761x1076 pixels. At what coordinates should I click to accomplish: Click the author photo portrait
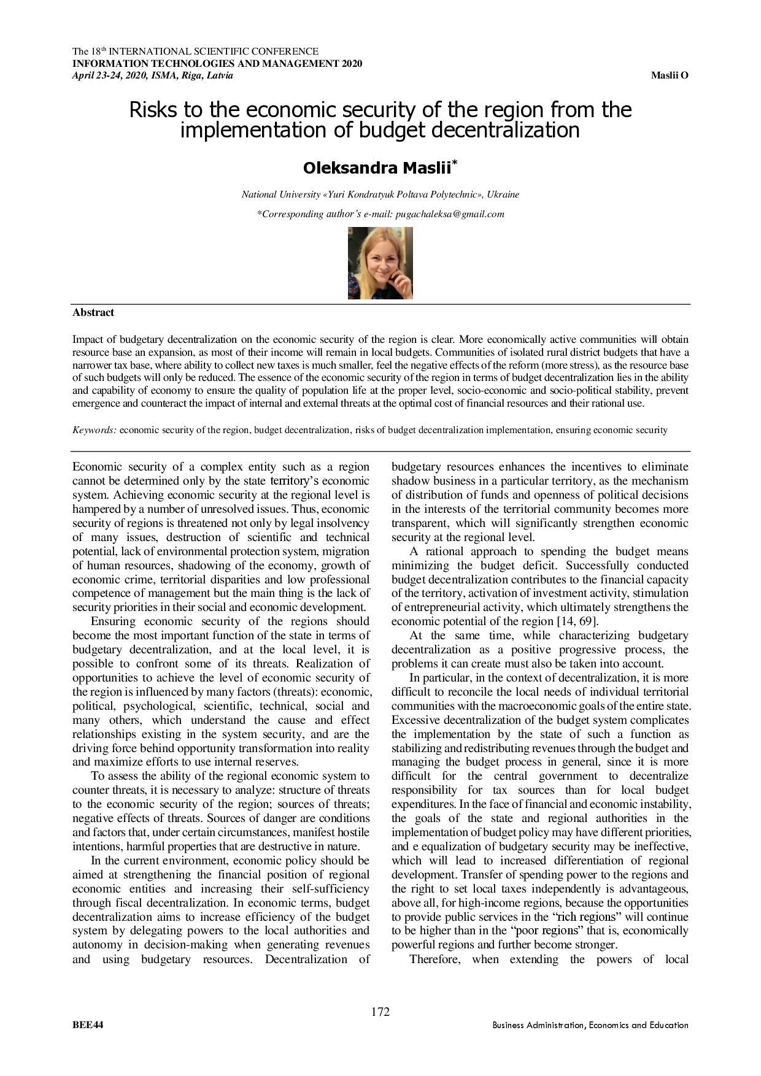[380, 263]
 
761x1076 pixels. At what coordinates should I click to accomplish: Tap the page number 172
[381, 1012]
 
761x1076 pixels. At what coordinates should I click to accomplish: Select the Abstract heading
[93, 312]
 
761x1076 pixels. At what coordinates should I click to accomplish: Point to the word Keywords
[95, 430]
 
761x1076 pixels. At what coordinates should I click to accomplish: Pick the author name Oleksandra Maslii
[377, 167]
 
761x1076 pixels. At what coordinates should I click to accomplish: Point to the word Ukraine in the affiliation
[503, 194]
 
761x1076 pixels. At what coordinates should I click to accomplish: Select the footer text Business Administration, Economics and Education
[590, 1025]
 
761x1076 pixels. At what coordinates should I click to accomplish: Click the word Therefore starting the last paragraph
[435, 959]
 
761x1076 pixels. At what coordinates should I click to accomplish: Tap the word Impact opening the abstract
[87, 339]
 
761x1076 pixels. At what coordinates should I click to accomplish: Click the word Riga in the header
[190, 75]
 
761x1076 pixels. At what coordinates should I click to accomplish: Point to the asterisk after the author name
[454, 163]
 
